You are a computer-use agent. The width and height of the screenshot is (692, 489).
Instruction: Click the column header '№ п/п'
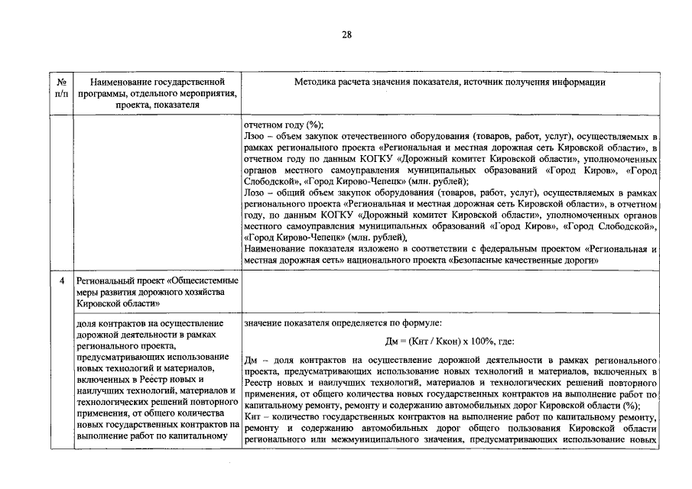(61, 86)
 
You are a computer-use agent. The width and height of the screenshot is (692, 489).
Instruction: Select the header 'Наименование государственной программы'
(156, 81)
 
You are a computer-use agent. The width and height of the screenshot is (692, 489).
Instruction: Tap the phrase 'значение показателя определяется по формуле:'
(338, 323)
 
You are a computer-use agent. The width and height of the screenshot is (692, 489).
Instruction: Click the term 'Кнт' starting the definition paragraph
(252, 417)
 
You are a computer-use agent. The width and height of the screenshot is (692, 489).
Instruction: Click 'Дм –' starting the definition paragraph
(255, 359)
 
